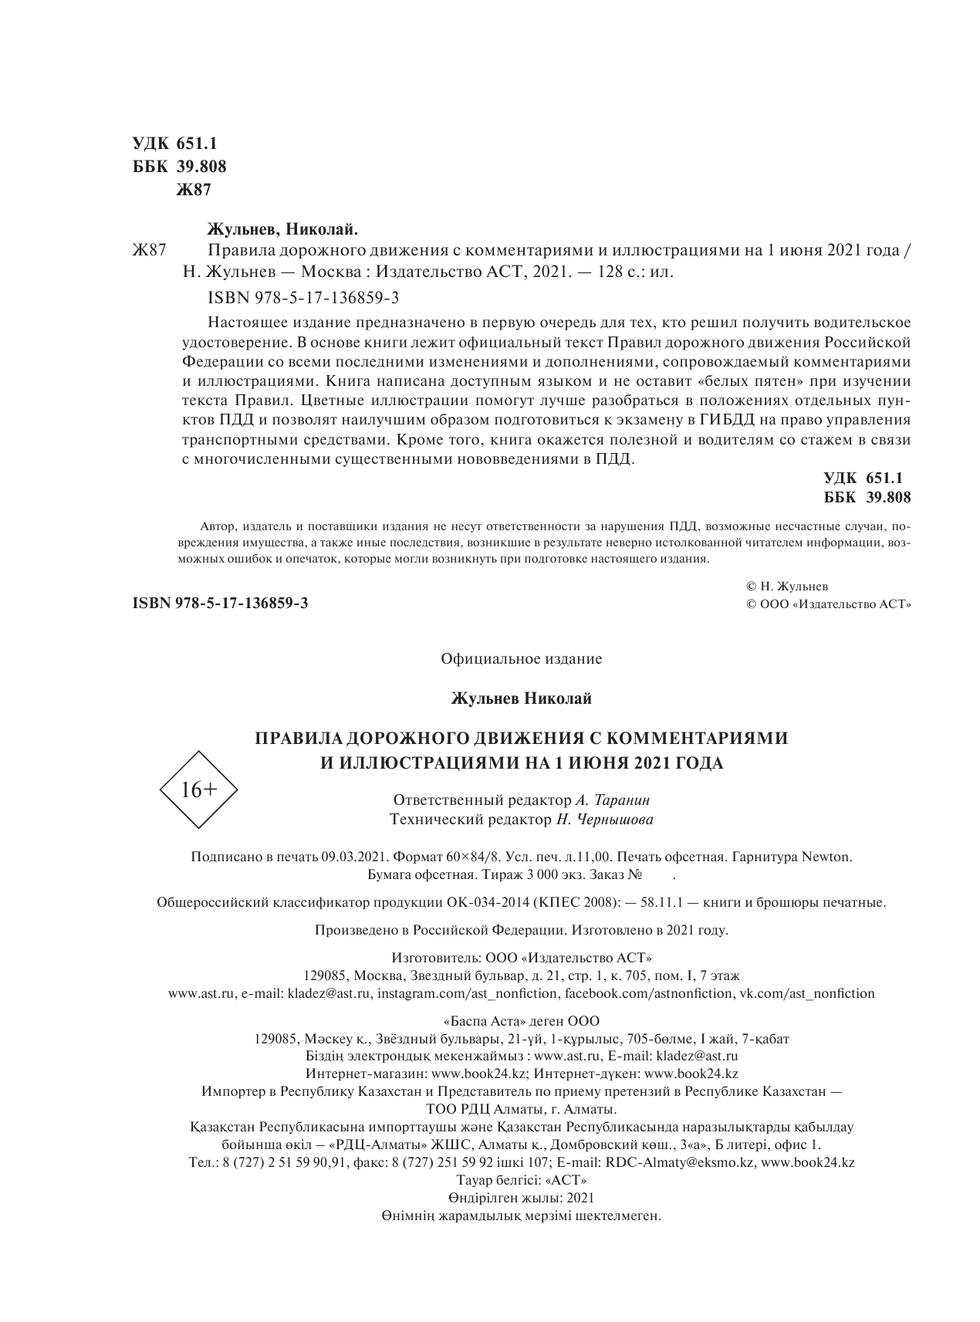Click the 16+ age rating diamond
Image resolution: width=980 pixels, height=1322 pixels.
coord(198,789)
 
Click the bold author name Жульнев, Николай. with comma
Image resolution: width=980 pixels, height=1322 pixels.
coord(284,229)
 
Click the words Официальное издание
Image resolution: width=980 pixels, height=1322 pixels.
coord(521,659)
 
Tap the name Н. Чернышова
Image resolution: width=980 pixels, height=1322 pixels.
coord(603,820)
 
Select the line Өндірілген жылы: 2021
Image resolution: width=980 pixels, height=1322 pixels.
coord(521,1198)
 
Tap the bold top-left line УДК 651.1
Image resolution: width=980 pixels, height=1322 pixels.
coord(176,144)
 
